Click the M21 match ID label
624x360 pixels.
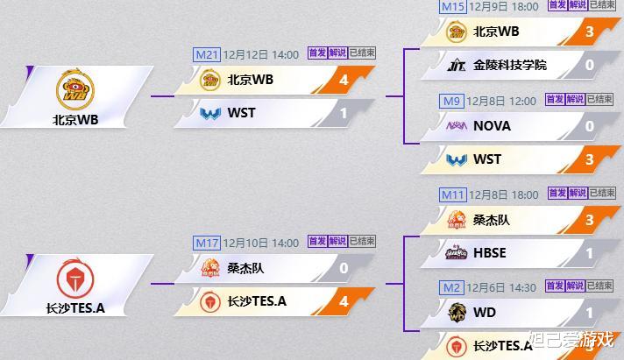tap(206, 54)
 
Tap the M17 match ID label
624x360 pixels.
tap(206, 243)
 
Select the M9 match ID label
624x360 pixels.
tap(452, 101)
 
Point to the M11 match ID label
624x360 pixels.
tap(452, 194)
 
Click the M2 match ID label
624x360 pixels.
tap(450, 286)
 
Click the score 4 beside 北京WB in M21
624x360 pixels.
tap(344, 80)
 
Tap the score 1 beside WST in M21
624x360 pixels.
tap(344, 113)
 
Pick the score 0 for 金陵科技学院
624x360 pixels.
tap(589, 65)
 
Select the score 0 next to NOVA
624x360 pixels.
tap(589, 126)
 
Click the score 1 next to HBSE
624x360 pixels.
tap(589, 253)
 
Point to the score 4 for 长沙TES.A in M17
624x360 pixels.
tap(344, 301)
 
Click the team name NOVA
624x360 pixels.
tap(492, 126)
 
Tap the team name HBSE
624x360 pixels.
tap(490, 253)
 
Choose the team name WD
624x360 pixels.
tap(484, 313)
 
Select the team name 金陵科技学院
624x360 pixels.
tap(509, 65)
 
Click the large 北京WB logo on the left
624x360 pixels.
tap(74, 90)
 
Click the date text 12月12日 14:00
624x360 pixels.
tap(261, 54)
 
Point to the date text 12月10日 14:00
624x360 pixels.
tap(261, 243)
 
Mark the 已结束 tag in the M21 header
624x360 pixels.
tap(362, 53)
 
